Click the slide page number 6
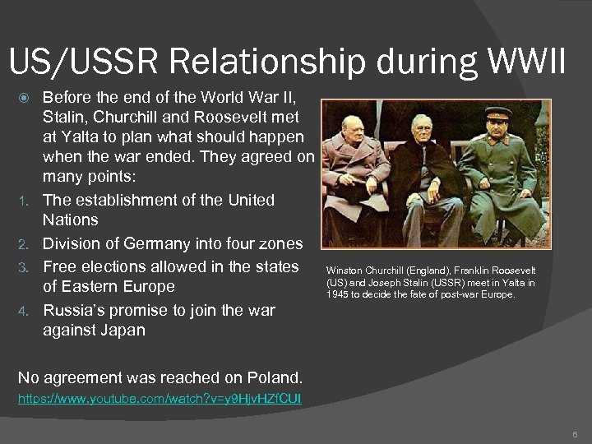pyautogui.click(x=575, y=433)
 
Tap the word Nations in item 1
pyautogui.click(x=70, y=220)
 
